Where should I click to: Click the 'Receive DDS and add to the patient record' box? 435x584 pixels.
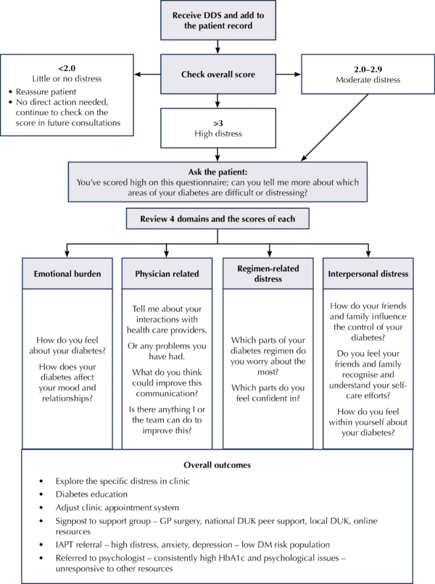pos(217,21)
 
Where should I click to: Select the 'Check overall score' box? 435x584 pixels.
pos(217,74)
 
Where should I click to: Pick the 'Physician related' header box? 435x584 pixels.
pos(167,274)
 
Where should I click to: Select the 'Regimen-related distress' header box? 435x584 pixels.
pos(268,274)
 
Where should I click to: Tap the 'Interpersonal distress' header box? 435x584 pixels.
pos(368,274)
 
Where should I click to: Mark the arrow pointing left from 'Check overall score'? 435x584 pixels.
pos(148,73)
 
